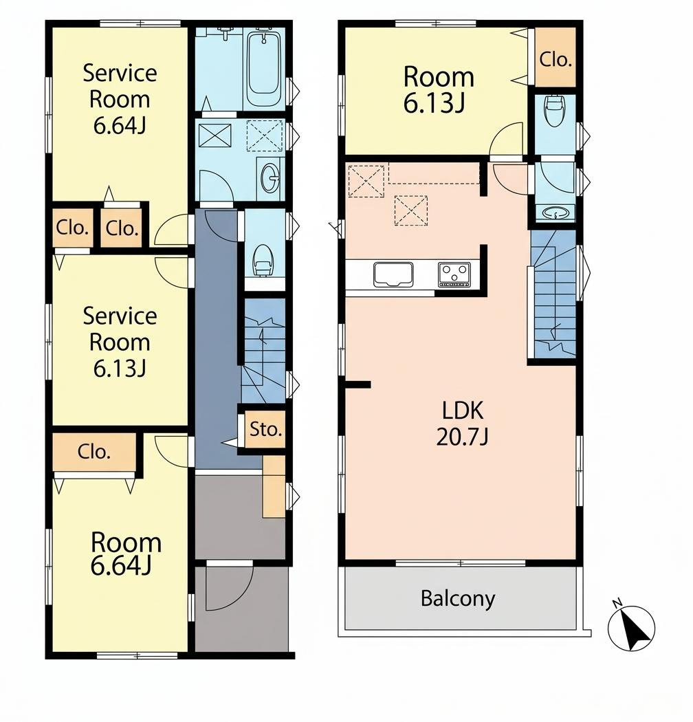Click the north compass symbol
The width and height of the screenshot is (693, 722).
tap(631, 628)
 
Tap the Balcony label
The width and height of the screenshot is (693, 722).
tap(458, 599)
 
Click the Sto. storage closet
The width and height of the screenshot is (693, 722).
tap(265, 429)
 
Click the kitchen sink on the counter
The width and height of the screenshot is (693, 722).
tap(393, 274)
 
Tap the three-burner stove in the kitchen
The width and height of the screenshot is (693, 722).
tap(454, 274)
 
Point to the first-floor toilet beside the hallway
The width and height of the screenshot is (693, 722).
tap(263, 260)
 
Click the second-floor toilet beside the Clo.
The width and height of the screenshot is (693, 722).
tap(554, 111)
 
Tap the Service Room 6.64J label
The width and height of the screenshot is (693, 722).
tap(120, 99)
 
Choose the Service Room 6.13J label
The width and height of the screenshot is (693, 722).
tap(120, 342)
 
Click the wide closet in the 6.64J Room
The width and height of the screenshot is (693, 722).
tap(94, 452)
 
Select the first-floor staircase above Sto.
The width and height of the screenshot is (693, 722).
tap(264, 351)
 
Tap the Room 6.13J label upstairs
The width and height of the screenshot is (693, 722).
tap(439, 90)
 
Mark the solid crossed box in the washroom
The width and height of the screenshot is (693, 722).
tap(214, 136)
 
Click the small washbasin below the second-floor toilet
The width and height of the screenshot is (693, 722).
tap(555, 213)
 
